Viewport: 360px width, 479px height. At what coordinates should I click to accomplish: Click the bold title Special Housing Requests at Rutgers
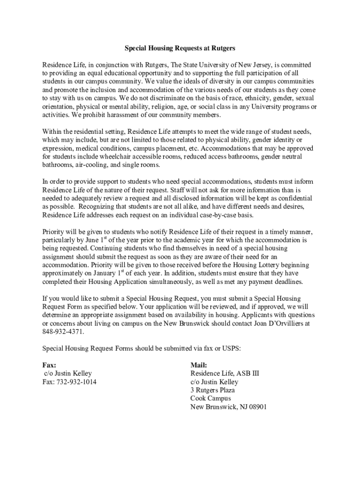(x=180, y=48)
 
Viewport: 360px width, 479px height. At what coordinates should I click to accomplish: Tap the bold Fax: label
(x=49, y=365)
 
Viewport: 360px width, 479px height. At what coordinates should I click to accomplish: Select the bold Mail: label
(x=198, y=365)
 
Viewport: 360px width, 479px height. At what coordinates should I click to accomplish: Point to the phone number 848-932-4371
(x=64, y=332)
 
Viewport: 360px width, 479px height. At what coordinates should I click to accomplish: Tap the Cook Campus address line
(x=210, y=399)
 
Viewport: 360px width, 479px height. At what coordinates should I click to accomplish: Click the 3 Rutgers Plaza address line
(x=212, y=390)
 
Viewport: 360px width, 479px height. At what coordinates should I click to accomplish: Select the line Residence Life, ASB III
(x=224, y=373)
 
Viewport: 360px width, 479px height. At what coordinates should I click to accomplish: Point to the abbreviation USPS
(x=230, y=348)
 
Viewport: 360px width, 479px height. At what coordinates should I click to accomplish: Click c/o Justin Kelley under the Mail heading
(x=214, y=382)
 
